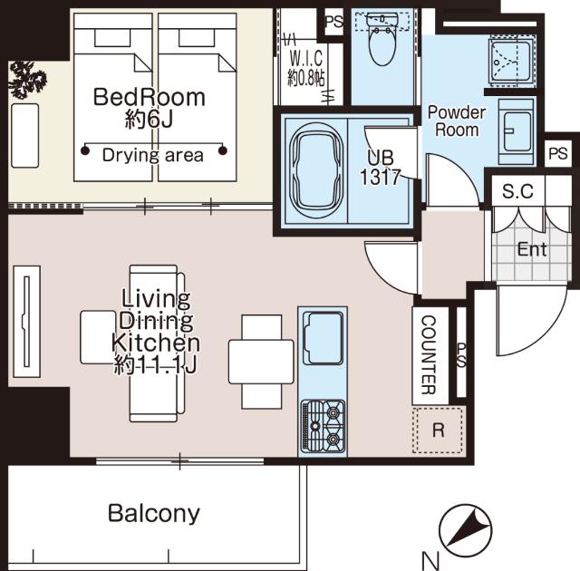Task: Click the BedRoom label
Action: (x=149, y=97)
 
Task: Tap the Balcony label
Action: (x=154, y=513)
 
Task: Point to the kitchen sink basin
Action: (x=323, y=338)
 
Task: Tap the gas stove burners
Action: (x=324, y=426)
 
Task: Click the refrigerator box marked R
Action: (x=438, y=431)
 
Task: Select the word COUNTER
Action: (x=429, y=355)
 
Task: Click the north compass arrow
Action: (x=465, y=529)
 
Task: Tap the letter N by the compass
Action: (x=430, y=561)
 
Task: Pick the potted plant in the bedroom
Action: (x=26, y=80)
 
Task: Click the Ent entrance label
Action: (x=532, y=249)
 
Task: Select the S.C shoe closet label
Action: (x=517, y=191)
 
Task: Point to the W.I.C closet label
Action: (x=306, y=68)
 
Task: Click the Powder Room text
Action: (x=457, y=121)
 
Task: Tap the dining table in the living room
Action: (x=261, y=362)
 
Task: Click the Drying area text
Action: (x=153, y=155)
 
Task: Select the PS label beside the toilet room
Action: (x=334, y=22)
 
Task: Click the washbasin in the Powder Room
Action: (x=517, y=132)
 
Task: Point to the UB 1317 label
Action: (x=381, y=168)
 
